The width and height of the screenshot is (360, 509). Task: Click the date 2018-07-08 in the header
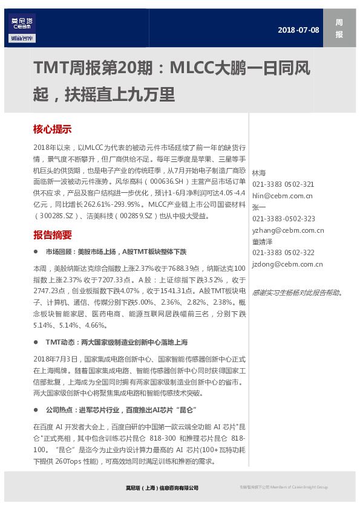(298, 30)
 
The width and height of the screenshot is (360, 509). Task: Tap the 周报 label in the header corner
(339, 28)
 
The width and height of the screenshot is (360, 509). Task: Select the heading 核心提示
(52, 129)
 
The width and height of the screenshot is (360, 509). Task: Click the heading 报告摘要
(52, 235)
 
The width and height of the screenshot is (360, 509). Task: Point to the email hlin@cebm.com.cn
(283, 195)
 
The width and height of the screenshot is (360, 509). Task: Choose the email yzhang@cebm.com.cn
(288, 230)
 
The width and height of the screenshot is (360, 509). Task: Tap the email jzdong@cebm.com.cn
(287, 264)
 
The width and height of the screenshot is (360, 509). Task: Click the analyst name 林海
(258, 173)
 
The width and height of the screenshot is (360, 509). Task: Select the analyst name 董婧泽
(262, 241)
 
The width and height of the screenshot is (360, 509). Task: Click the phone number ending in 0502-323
(284, 218)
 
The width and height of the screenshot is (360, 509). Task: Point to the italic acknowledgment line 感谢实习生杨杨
(297, 293)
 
